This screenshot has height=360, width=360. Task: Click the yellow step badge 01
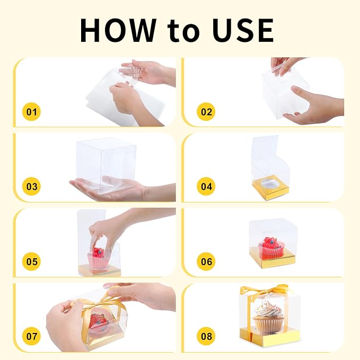pos(31,112)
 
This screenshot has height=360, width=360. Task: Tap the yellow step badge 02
pos(206,112)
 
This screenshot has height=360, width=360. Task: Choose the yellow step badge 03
pos(31,187)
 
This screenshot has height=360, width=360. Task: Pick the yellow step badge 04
pos(206,187)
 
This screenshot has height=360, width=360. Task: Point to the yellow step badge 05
pos(31,261)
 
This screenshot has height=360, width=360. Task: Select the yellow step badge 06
pos(206,261)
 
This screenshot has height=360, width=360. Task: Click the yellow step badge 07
pos(31,336)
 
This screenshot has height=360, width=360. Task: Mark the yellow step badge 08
pos(206,336)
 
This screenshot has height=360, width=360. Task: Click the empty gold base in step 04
pos(271,188)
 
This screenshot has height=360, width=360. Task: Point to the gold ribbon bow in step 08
pos(264,291)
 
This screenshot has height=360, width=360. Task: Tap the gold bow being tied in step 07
pos(96,298)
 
